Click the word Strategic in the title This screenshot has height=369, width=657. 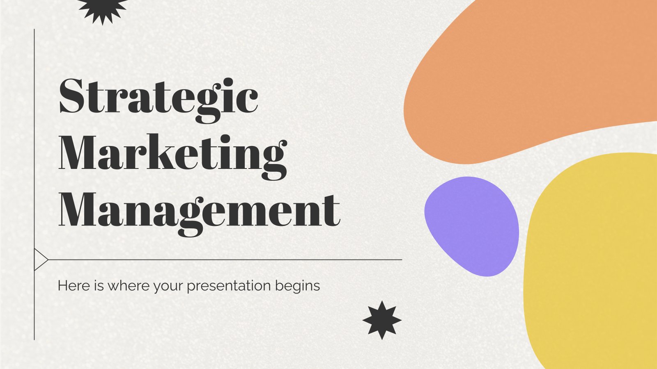tap(159, 100)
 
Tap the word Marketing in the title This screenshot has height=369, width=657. tap(173, 157)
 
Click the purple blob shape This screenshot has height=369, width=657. tap(472, 226)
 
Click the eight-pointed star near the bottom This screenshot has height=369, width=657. tap(382, 320)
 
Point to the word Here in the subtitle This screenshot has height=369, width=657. tap(74, 285)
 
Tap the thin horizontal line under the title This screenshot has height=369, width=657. tap(225, 260)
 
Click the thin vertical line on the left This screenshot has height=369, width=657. tap(34, 184)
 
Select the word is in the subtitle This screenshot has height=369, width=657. tap(99, 285)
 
